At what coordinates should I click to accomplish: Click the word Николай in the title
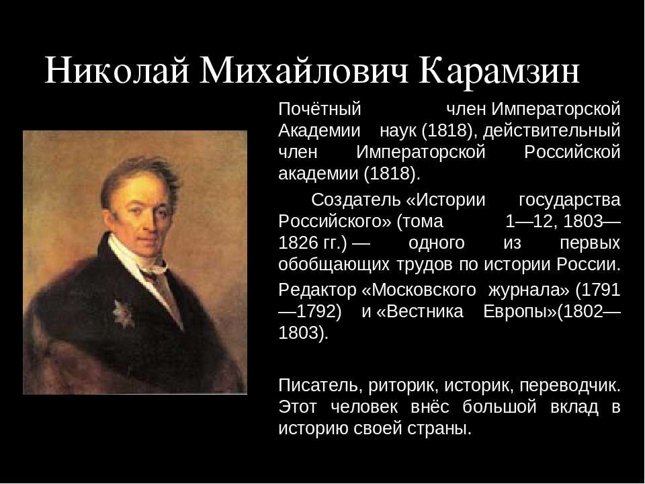pos(116,71)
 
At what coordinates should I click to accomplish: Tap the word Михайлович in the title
pos(304,71)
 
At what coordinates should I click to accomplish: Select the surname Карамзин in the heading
pos(499,71)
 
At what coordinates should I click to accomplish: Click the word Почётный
pos(320,109)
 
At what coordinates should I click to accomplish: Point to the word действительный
pos(551,131)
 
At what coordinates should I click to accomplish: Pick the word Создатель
pos(356,200)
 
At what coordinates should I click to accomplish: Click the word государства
pos(569,200)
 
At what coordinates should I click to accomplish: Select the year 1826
pos(296,243)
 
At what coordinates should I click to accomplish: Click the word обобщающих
pos(334,265)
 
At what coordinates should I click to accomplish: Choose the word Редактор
pos(317,290)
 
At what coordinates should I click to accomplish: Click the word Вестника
pos(425,311)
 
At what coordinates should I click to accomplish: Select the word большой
pos(499,407)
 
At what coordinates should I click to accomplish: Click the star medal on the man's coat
pos(124,314)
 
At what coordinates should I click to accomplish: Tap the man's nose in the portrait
pos(150,220)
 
